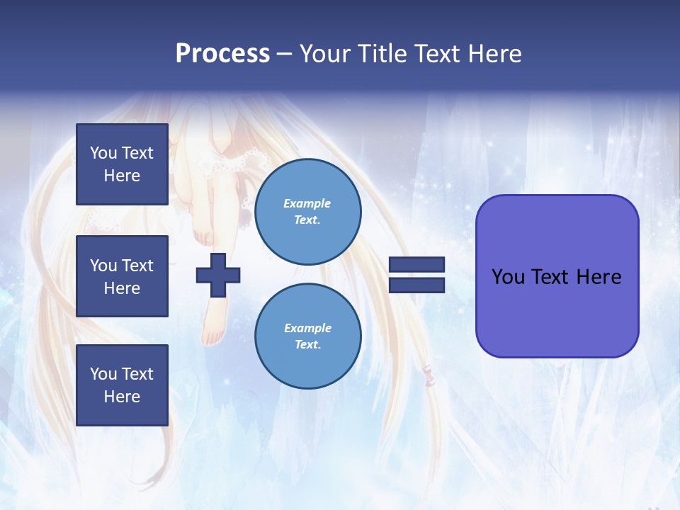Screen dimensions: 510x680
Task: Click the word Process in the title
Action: tap(222, 54)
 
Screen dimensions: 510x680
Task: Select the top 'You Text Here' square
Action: tap(122, 164)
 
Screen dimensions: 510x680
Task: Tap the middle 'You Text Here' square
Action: tap(122, 276)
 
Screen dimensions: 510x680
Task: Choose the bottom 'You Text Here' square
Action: tap(122, 385)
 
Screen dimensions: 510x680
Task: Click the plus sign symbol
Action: tap(218, 275)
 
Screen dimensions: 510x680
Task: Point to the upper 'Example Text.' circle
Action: tap(307, 212)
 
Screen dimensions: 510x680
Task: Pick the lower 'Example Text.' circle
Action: tap(307, 336)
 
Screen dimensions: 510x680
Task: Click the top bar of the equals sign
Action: tap(416, 264)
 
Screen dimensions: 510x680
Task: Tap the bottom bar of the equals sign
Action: tap(416, 285)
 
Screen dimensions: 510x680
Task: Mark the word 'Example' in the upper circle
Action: tap(307, 203)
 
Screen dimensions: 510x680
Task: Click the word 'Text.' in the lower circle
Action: tap(307, 345)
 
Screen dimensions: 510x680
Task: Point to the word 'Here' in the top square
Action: tap(122, 176)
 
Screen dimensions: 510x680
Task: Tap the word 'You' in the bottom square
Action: tap(103, 374)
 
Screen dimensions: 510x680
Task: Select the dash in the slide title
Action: tap(284, 54)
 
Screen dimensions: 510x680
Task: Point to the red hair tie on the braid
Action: tap(427, 370)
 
